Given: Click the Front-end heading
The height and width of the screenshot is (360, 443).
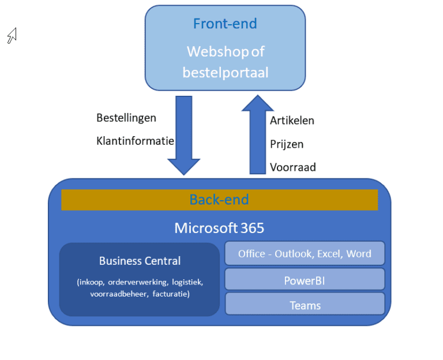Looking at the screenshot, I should (225, 24).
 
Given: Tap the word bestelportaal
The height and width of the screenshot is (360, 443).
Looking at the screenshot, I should (225, 73).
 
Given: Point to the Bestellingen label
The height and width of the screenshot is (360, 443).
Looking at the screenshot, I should (126, 118).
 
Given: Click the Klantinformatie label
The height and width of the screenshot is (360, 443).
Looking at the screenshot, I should (135, 140).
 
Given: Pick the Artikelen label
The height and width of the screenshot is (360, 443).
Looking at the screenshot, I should (292, 120).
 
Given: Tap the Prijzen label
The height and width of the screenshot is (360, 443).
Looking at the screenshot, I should (287, 144).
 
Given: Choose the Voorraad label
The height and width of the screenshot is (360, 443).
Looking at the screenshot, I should (292, 167).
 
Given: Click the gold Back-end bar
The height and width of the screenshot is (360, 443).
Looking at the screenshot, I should (219, 200).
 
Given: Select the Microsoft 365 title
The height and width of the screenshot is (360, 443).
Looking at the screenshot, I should (219, 228).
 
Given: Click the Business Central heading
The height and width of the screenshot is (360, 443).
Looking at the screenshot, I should (140, 261).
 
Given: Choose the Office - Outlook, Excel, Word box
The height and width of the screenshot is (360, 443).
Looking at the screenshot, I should (305, 254).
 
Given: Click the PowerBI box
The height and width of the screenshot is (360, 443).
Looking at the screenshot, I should (305, 280).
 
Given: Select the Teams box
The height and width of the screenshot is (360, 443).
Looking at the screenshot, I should (305, 305).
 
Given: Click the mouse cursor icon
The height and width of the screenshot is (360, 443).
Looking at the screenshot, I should (12, 36).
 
